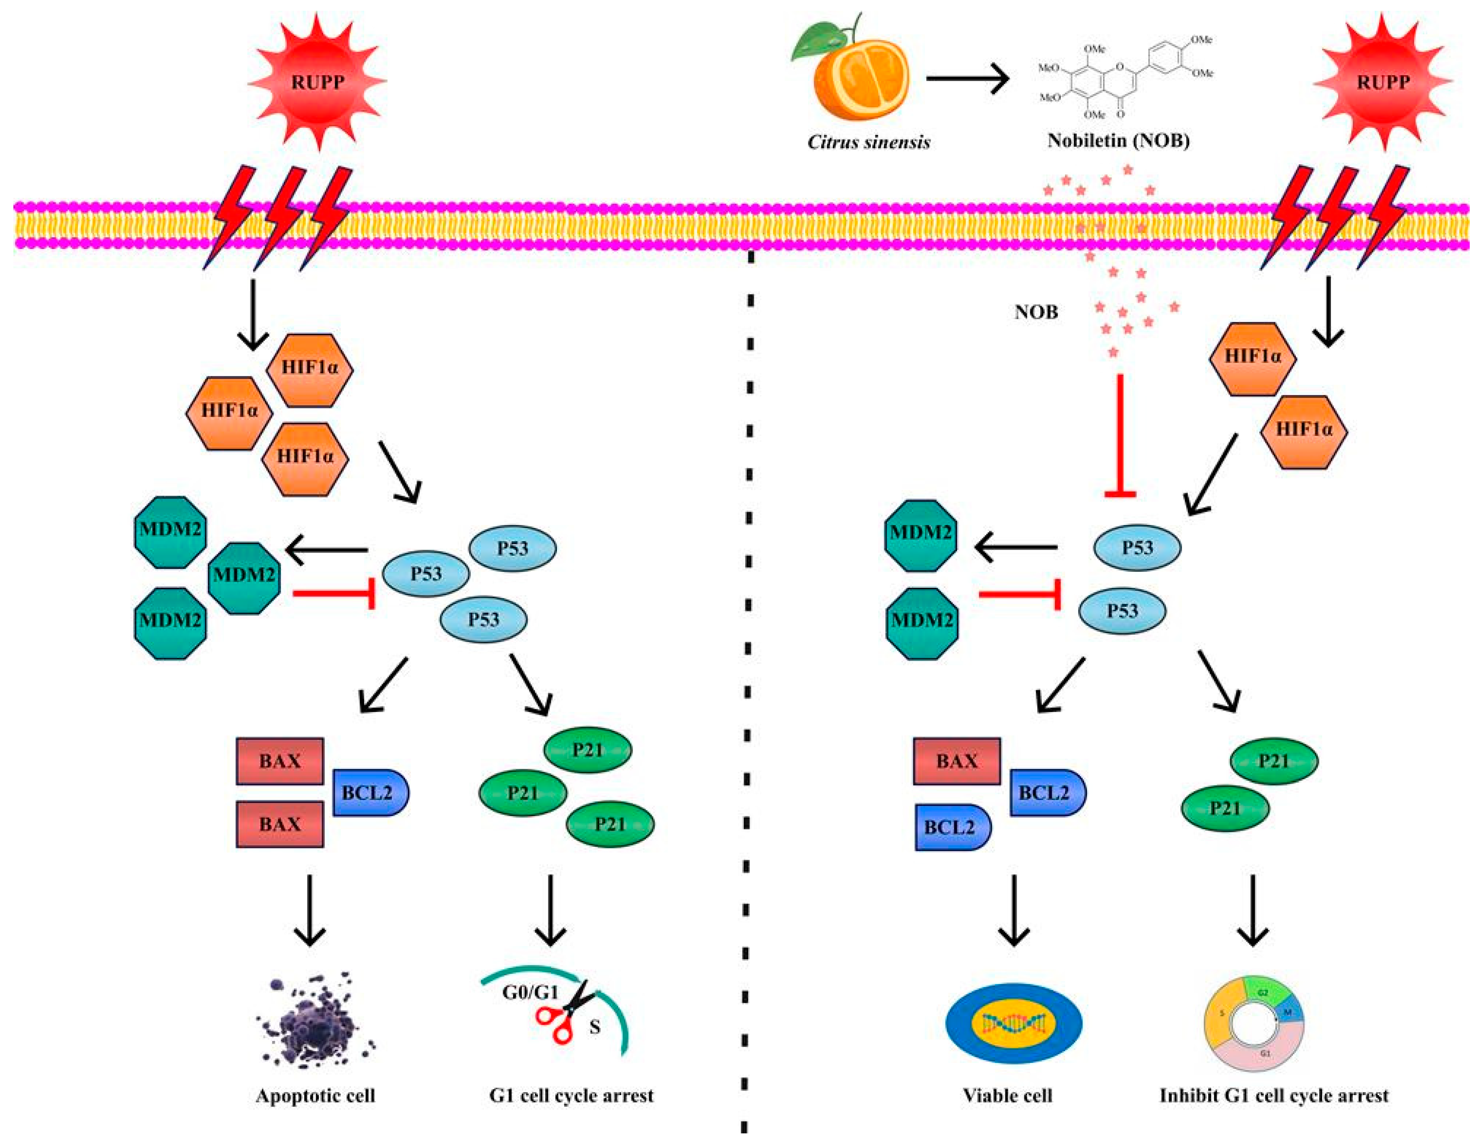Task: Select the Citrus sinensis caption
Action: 869,142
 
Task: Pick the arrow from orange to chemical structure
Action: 967,80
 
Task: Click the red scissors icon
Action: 563,1018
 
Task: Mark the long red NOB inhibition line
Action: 1120,434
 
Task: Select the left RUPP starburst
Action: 318,81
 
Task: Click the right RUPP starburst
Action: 1382,81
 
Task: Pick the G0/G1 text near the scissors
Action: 530,993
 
